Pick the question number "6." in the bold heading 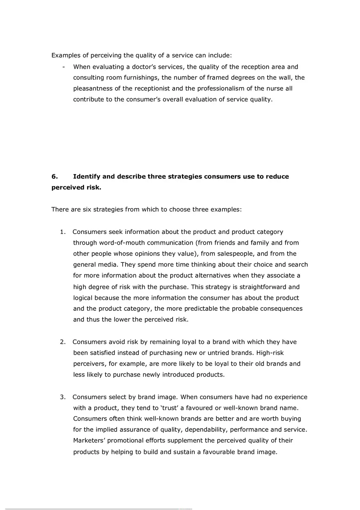[x=54, y=177]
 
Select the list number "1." [x=63, y=232]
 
